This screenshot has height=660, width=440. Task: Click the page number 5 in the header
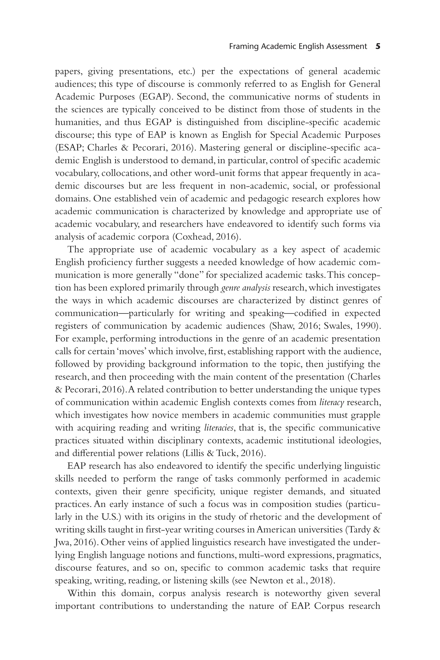pyautogui.click(x=377, y=46)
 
